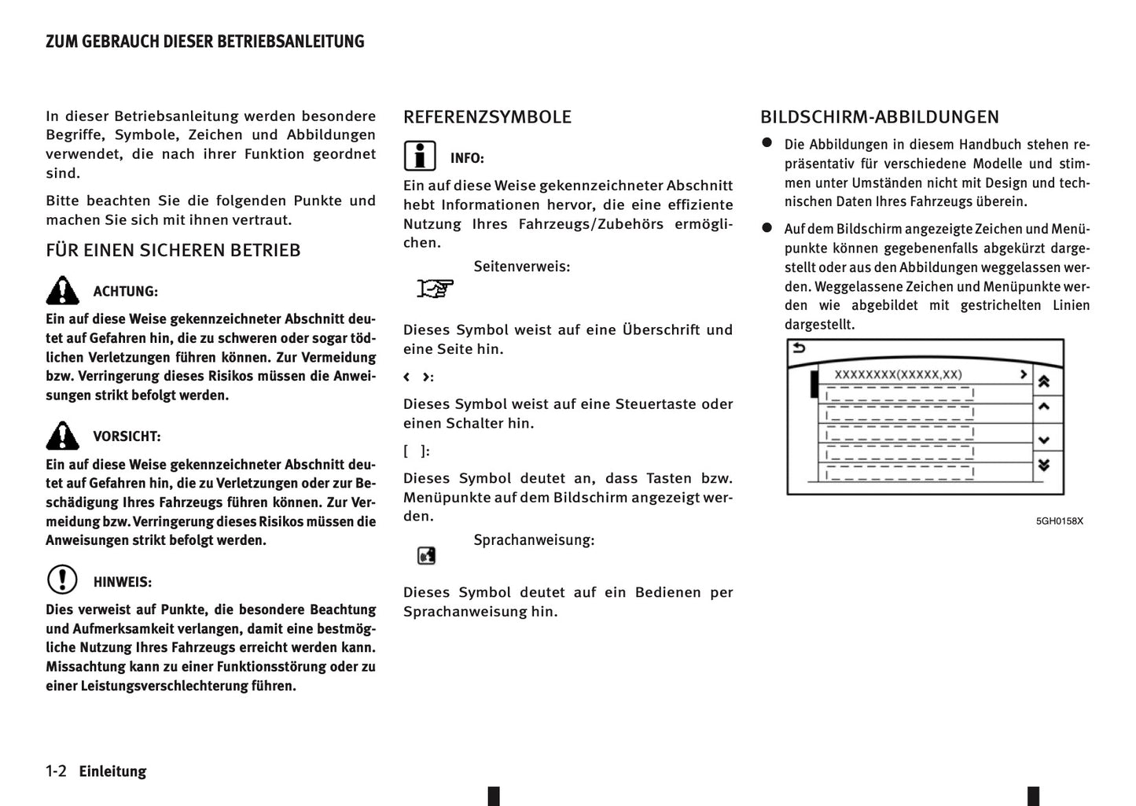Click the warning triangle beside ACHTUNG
pos(62,291)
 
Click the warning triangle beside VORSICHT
pos(62,436)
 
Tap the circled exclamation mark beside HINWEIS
pos(62,580)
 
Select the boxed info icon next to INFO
pos(420,156)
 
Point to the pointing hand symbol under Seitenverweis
pos(435,289)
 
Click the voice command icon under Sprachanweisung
pos(426,556)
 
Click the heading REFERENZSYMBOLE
pos(487,117)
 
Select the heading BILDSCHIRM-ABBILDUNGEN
pos(879,117)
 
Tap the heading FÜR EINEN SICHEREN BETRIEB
pos(173,251)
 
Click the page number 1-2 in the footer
pos(56,771)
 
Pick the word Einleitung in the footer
pos(112,771)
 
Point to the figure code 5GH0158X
pos(1059,521)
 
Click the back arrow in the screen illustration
pos(799,348)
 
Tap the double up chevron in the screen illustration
pos(1044,382)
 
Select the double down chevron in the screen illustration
pos(1044,466)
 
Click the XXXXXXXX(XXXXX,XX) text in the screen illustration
pos(898,375)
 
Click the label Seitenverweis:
pos(521,267)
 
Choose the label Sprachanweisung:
pos(534,540)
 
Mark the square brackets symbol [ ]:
pos(416,451)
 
